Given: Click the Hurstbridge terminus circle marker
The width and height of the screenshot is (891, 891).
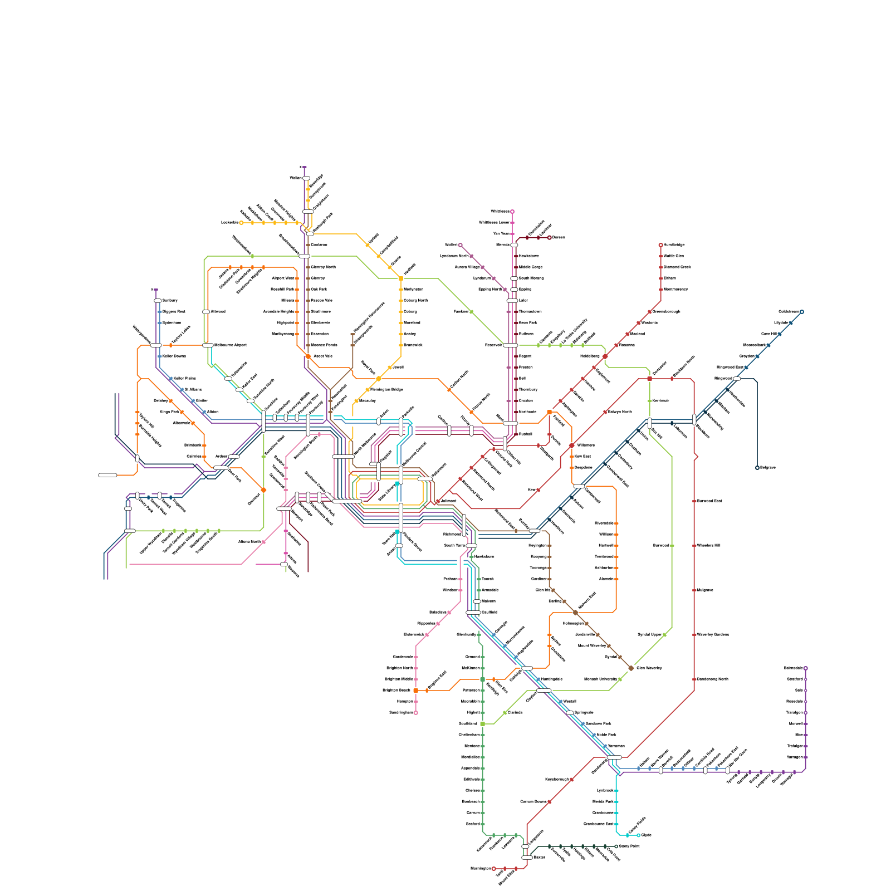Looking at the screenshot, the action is coord(660,245).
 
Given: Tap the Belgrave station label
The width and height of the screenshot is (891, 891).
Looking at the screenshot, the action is coord(767,468).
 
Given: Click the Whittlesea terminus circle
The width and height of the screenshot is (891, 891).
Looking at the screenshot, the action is coord(512,212).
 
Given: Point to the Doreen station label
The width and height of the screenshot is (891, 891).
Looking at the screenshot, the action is coord(559,238).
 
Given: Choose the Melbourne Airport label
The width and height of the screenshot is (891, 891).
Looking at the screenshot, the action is coord(230,345).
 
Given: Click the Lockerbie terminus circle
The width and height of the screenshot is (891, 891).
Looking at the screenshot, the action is coord(241,223).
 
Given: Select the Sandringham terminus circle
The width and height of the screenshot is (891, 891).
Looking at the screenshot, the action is coord(416,713).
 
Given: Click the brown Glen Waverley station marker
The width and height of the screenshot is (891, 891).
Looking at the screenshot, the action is coord(631,668).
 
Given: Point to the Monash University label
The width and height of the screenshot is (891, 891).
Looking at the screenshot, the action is coord(600,679).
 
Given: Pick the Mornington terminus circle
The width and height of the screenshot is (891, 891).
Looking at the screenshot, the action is coord(493,869).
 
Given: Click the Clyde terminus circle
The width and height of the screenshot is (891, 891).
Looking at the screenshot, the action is coord(638,835).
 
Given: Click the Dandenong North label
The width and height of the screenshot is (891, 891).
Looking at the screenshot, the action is coord(712,679).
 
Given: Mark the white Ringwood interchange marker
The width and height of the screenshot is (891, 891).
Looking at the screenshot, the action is coord(737,379).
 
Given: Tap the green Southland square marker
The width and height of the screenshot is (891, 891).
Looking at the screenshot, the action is coord(482,724).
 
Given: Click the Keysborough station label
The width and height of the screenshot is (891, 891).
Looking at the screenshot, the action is coord(557,780).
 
